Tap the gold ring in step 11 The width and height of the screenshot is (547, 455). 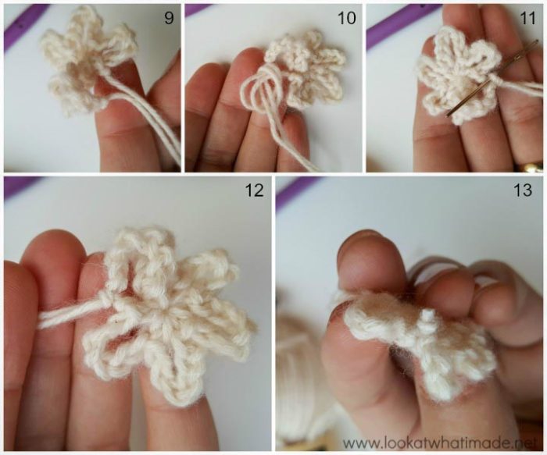pos(533,166)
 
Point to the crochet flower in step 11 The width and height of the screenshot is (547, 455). pos(457,74)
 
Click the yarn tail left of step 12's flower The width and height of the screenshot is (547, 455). pos(66,316)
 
